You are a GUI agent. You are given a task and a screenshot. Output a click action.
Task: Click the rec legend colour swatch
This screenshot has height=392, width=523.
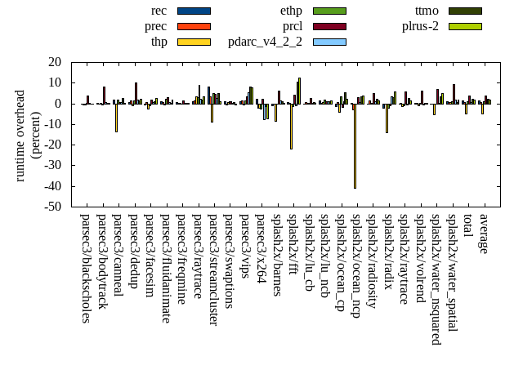pyautogui.click(x=194, y=11)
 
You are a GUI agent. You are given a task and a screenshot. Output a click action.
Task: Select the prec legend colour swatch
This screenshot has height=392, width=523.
pyautogui.click(x=194, y=26)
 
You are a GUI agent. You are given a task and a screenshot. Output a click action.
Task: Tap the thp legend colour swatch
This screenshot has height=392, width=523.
pyautogui.click(x=194, y=42)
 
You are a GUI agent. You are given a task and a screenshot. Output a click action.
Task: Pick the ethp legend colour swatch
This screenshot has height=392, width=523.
pyautogui.click(x=329, y=11)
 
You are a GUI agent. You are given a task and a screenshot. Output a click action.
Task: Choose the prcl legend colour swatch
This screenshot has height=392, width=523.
pyautogui.click(x=329, y=26)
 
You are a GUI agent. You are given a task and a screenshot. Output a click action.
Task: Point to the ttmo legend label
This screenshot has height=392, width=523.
pyautogui.click(x=427, y=11)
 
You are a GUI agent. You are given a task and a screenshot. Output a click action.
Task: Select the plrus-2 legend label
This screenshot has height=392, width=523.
pyautogui.click(x=420, y=26)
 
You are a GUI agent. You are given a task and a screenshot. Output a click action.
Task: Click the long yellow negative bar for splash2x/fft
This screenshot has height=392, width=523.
pyautogui.click(x=291, y=127)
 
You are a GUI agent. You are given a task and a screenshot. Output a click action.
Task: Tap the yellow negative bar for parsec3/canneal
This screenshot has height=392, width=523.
pyautogui.click(x=116, y=118)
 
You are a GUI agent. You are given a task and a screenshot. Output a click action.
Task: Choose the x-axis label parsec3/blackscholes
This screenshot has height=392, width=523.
pyautogui.click(x=85, y=268)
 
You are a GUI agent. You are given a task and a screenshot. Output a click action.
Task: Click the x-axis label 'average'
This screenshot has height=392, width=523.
pyautogui.click(x=483, y=234)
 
